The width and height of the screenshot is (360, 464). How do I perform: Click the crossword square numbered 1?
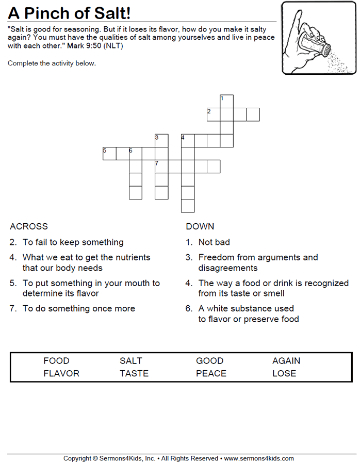tap(227, 101)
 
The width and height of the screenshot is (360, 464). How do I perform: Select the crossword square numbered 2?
tap(214, 114)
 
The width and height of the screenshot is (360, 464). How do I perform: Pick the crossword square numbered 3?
tap(161, 141)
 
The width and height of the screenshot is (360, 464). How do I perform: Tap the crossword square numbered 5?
tap(109, 154)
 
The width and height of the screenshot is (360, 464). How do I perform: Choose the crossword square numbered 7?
tap(161, 167)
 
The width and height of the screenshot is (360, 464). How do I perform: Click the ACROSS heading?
tap(29, 226)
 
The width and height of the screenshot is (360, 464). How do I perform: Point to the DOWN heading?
tap(200, 226)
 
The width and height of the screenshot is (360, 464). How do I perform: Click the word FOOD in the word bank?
tap(56, 361)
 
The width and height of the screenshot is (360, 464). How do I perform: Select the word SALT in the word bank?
tap(131, 361)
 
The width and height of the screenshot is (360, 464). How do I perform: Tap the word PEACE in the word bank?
tap(211, 373)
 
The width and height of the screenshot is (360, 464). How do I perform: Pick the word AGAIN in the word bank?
tap(286, 361)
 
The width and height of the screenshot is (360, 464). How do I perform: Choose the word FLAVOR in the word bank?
tap(61, 373)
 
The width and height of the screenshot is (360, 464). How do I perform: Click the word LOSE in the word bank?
tap(284, 373)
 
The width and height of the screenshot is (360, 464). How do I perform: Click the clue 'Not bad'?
tap(214, 242)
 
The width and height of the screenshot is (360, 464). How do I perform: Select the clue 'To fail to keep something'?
tap(73, 242)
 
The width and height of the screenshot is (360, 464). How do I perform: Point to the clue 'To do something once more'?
tap(79, 308)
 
